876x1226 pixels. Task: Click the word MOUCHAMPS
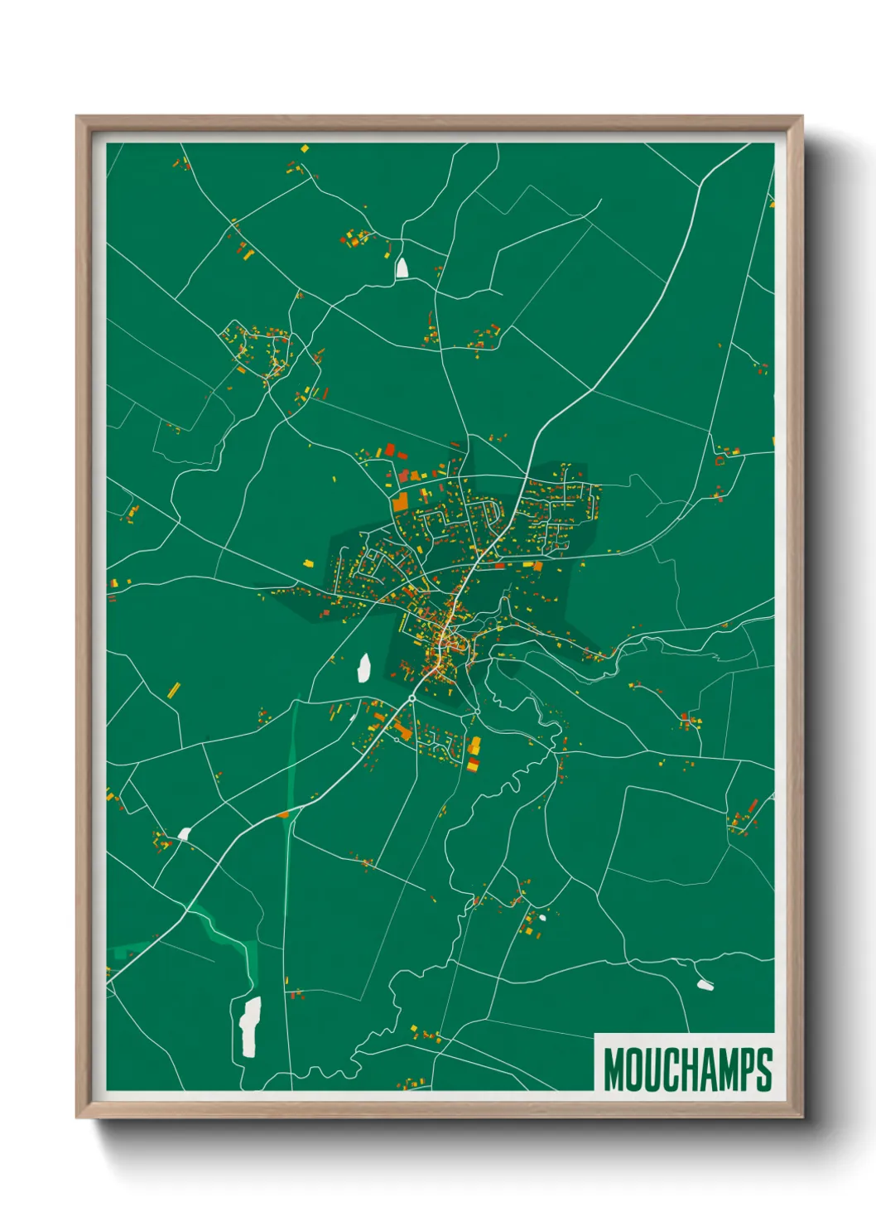687,1069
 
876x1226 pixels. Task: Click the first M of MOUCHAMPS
614,1069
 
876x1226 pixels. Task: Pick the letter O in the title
633,1069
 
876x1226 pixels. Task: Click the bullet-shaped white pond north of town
402,268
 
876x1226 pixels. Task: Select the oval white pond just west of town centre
363,668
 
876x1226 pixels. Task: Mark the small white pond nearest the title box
705,984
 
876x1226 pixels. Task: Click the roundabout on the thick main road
412,698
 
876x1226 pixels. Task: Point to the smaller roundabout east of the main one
478,711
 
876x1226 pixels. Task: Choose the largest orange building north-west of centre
401,501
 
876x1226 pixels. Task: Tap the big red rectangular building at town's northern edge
390,450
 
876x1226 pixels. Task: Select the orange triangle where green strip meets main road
285,814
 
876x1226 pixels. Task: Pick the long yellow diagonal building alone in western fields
174,689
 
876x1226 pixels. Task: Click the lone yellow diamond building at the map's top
305,149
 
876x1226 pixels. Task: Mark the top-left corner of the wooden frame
78,118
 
